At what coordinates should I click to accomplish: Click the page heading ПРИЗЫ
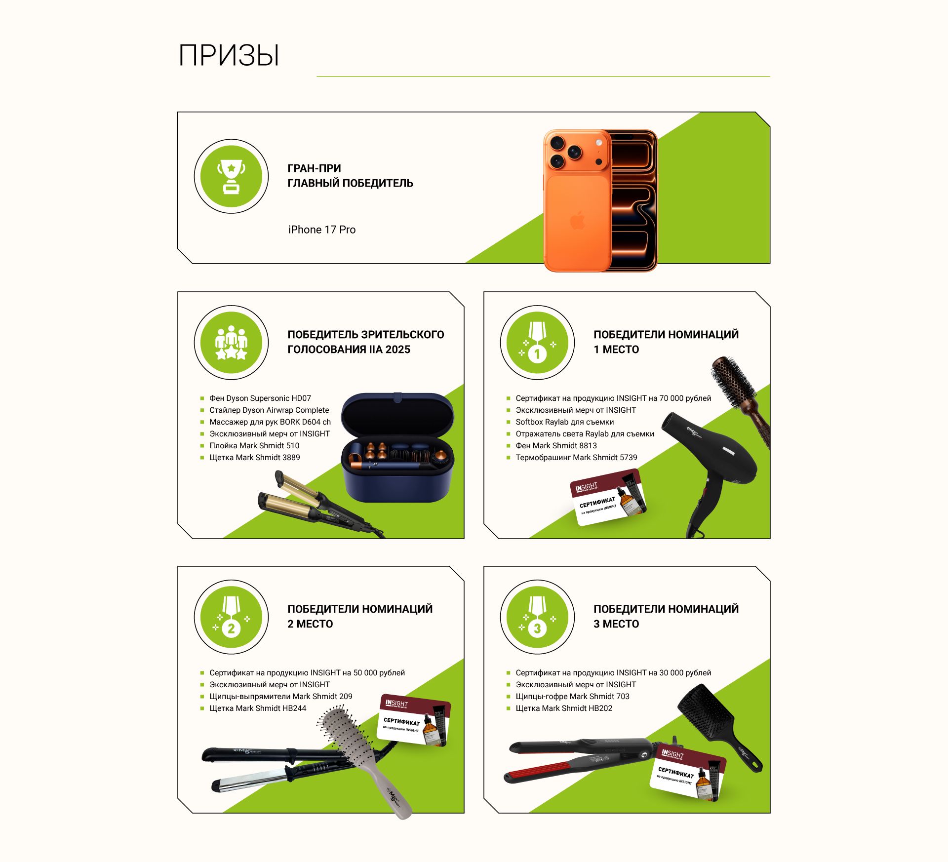pyautogui.click(x=229, y=55)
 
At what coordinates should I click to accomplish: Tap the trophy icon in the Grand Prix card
pyautogui.click(x=231, y=176)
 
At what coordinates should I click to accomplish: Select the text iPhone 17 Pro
pyautogui.click(x=322, y=230)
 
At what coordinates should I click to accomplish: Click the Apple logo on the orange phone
pyautogui.click(x=578, y=220)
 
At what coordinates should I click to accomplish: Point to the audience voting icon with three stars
pyautogui.click(x=231, y=343)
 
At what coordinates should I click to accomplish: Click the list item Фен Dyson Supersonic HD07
pyautogui.click(x=260, y=398)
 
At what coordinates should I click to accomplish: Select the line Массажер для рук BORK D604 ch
pyautogui.click(x=270, y=422)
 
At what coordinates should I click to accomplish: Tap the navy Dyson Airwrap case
pyautogui.click(x=397, y=447)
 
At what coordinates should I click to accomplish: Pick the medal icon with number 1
pyautogui.click(x=537, y=343)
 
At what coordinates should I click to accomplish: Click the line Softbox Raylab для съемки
pyautogui.click(x=565, y=422)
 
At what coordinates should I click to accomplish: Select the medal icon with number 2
pyautogui.click(x=231, y=617)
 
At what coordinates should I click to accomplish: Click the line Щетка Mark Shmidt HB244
pyautogui.click(x=258, y=708)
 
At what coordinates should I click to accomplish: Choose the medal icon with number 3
pyautogui.click(x=537, y=617)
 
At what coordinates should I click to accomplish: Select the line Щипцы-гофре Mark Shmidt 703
pyautogui.click(x=573, y=696)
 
